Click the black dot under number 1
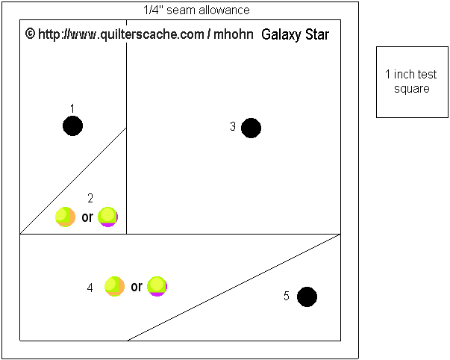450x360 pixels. pyautogui.click(x=72, y=126)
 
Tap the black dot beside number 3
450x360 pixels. pyautogui.click(x=251, y=128)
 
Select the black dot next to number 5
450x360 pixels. pyautogui.click(x=307, y=297)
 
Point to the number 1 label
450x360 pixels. pyautogui.click(x=72, y=108)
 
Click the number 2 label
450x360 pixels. pyautogui.click(x=90, y=198)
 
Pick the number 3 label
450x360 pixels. pyautogui.click(x=233, y=128)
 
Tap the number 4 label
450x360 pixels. pyautogui.click(x=90, y=288)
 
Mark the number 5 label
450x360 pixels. pyautogui.click(x=287, y=297)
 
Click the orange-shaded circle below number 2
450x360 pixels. pyautogui.click(x=65, y=217)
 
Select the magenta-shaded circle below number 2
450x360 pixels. pyautogui.click(x=108, y=217)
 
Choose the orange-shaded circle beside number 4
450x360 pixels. pyautogui.click(x=114, y=286)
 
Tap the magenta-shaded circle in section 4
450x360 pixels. pyautogui.click(x=157, y=286)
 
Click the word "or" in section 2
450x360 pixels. pyautogui.click(x=87, y=218)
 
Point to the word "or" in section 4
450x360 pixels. pyautogui.click(x=137, y=287)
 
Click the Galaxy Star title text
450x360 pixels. pyautogui.click(x=296, y=35)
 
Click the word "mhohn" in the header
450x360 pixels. pyautogui.click(x=233, y=35)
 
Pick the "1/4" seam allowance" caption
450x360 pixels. pyautogui.click(x=196, y=10)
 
